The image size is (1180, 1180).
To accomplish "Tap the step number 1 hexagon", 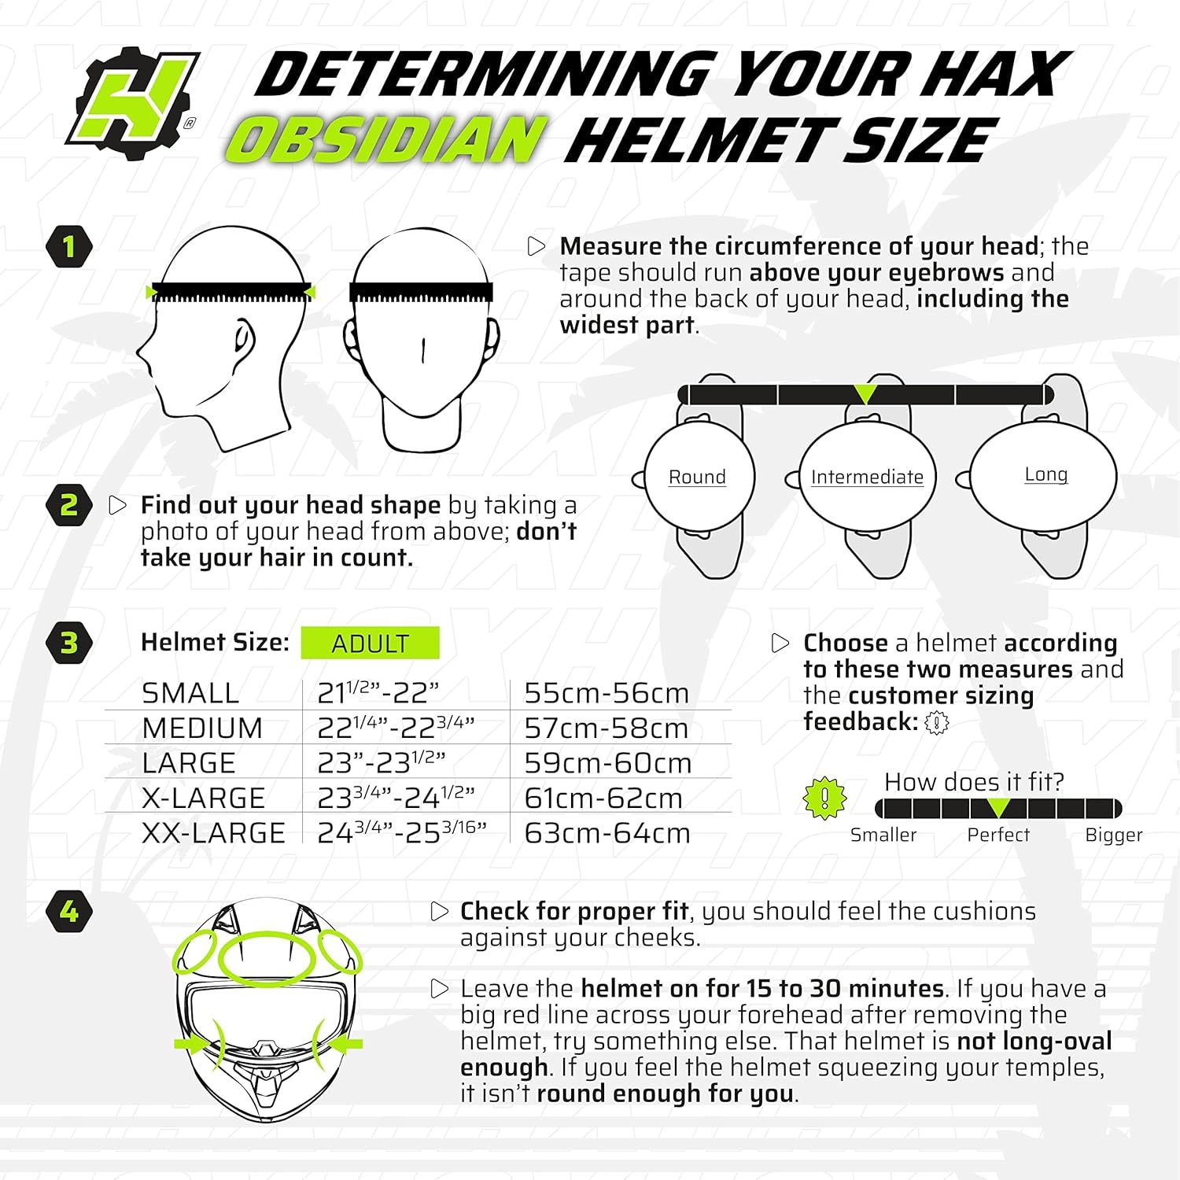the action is point(69,247).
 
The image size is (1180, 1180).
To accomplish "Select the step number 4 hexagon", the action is point(69,912).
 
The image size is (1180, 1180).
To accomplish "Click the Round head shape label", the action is point(697,477).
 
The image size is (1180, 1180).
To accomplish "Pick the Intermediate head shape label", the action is point(867,477).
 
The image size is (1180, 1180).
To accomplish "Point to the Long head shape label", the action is point(1046,474).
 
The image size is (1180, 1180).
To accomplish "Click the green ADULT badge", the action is point(370,643).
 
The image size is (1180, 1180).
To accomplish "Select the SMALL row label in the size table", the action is point(190,693).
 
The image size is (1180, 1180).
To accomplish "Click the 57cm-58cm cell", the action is point(607,728).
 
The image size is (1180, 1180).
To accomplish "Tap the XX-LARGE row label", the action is point(213,833).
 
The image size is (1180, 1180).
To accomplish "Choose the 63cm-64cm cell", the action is point(607,833).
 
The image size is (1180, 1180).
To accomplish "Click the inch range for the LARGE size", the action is point(382,761).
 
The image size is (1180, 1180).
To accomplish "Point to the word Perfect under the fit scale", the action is point(998,835).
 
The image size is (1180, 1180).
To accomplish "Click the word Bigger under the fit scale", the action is point(1114,835).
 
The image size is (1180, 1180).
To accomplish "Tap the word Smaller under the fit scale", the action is point(883,835).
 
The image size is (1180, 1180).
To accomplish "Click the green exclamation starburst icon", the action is point(824,798).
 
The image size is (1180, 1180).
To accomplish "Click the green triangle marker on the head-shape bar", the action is point(865,393).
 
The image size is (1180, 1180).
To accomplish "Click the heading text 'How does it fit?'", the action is point(974,782).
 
